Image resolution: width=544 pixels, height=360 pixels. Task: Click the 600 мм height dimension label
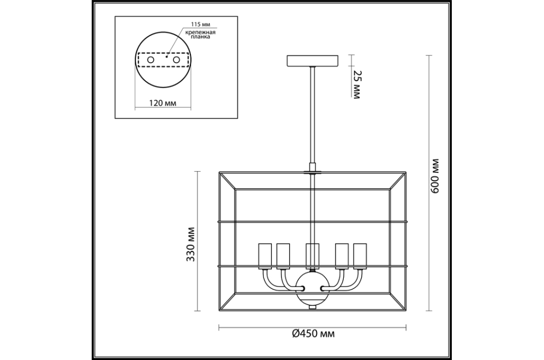[435, 176]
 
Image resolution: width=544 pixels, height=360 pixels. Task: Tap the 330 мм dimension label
[190, 244]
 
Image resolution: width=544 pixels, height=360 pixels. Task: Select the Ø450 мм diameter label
[313, 334]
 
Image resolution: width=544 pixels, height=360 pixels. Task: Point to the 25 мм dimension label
[357, 85]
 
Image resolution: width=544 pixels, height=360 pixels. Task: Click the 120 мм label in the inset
[163, 103]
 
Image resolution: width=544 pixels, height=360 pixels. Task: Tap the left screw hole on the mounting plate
[151, 59]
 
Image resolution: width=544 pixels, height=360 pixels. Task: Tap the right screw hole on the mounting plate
[177, 59]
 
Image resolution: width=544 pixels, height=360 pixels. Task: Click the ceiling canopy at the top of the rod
[313, 61]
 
